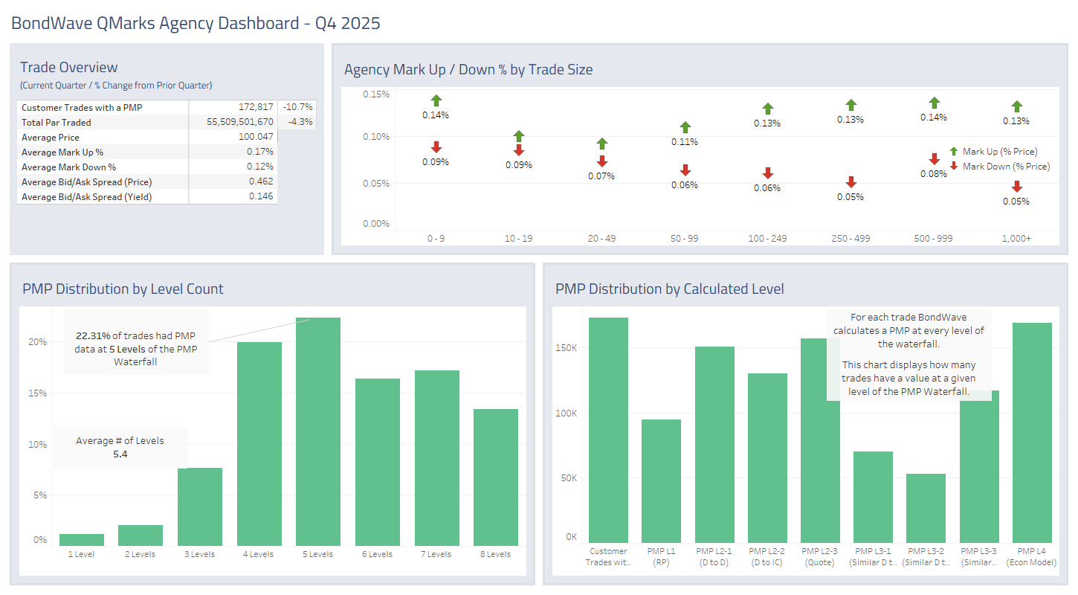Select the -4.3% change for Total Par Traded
tap(300, 122)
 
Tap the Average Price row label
tap(50, 137)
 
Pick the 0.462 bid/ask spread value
tap(261, 181)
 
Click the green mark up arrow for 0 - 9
tap(436, 100)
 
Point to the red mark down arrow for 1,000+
tap(1016, 187)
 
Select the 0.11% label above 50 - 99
tap(685, 142)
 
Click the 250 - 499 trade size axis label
tap(851, 238)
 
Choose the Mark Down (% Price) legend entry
tap(1005, 167)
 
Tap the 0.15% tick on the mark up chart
tap(376, 94)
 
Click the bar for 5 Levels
tap(318, 431)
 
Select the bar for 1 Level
tap(82, 540)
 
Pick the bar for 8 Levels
tap(496, 477)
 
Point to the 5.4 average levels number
tap(120, 454)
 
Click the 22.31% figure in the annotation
tap(92, 335)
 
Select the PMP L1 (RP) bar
tap(661, 481)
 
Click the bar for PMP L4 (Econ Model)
tap(1032, 433)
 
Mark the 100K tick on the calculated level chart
tap(567, 414)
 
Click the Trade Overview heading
tap(69, 67)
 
